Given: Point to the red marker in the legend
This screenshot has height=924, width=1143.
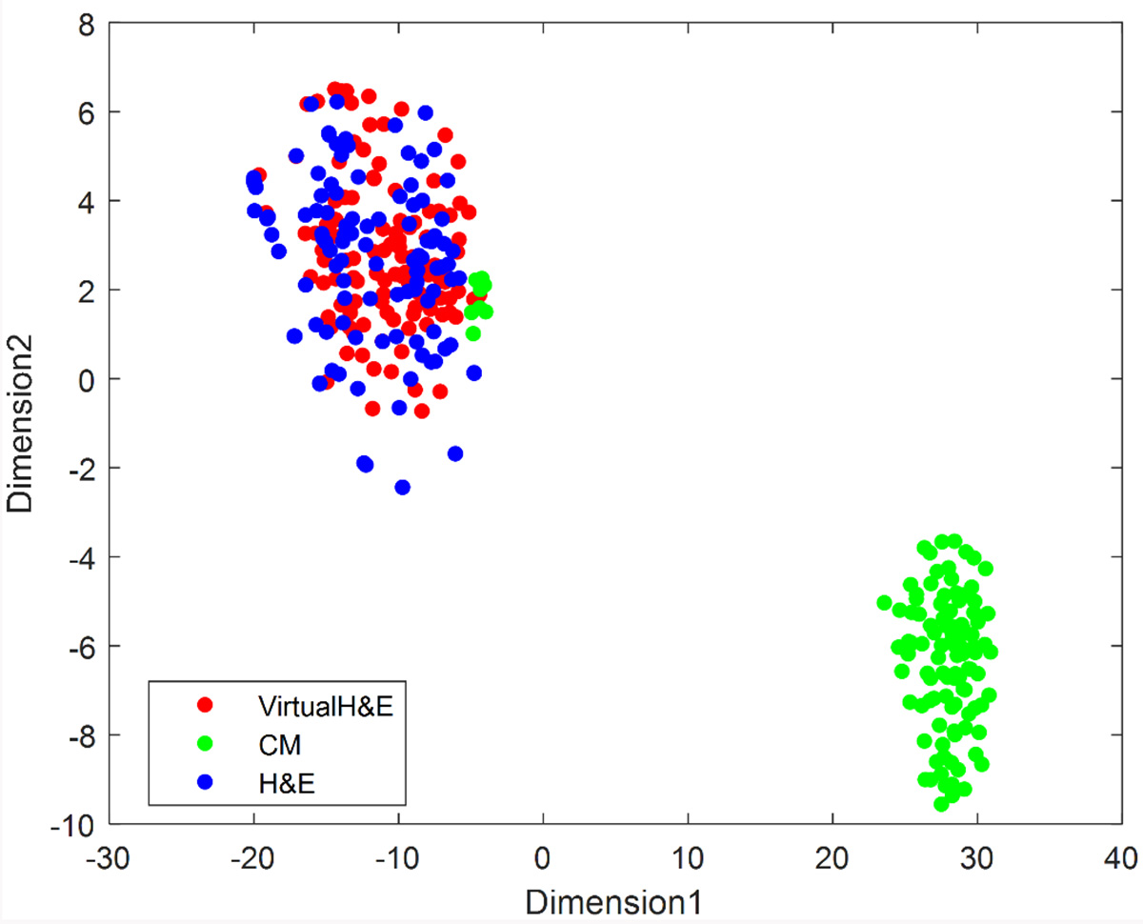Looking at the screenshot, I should point(204,706).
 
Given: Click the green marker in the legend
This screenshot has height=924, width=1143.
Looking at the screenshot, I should point(204,744).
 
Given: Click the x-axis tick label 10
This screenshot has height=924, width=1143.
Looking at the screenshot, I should point(688,851).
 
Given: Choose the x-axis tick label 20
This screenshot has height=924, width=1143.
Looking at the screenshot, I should point(833,851).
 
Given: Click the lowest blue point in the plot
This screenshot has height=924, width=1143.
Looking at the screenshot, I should point(402,487).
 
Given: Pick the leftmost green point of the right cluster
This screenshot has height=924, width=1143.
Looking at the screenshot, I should point(884,603).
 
